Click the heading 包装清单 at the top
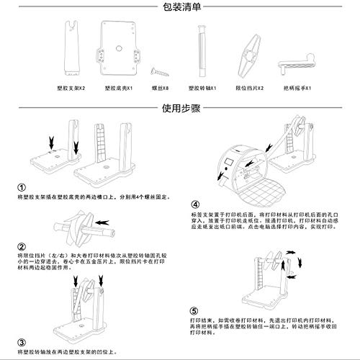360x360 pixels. click(179, 7)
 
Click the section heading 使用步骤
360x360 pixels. click(179, 110)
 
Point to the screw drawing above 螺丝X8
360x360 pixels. click(158, 70)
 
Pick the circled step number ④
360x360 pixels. click(195, 204)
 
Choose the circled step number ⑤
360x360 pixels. click(195, 312)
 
